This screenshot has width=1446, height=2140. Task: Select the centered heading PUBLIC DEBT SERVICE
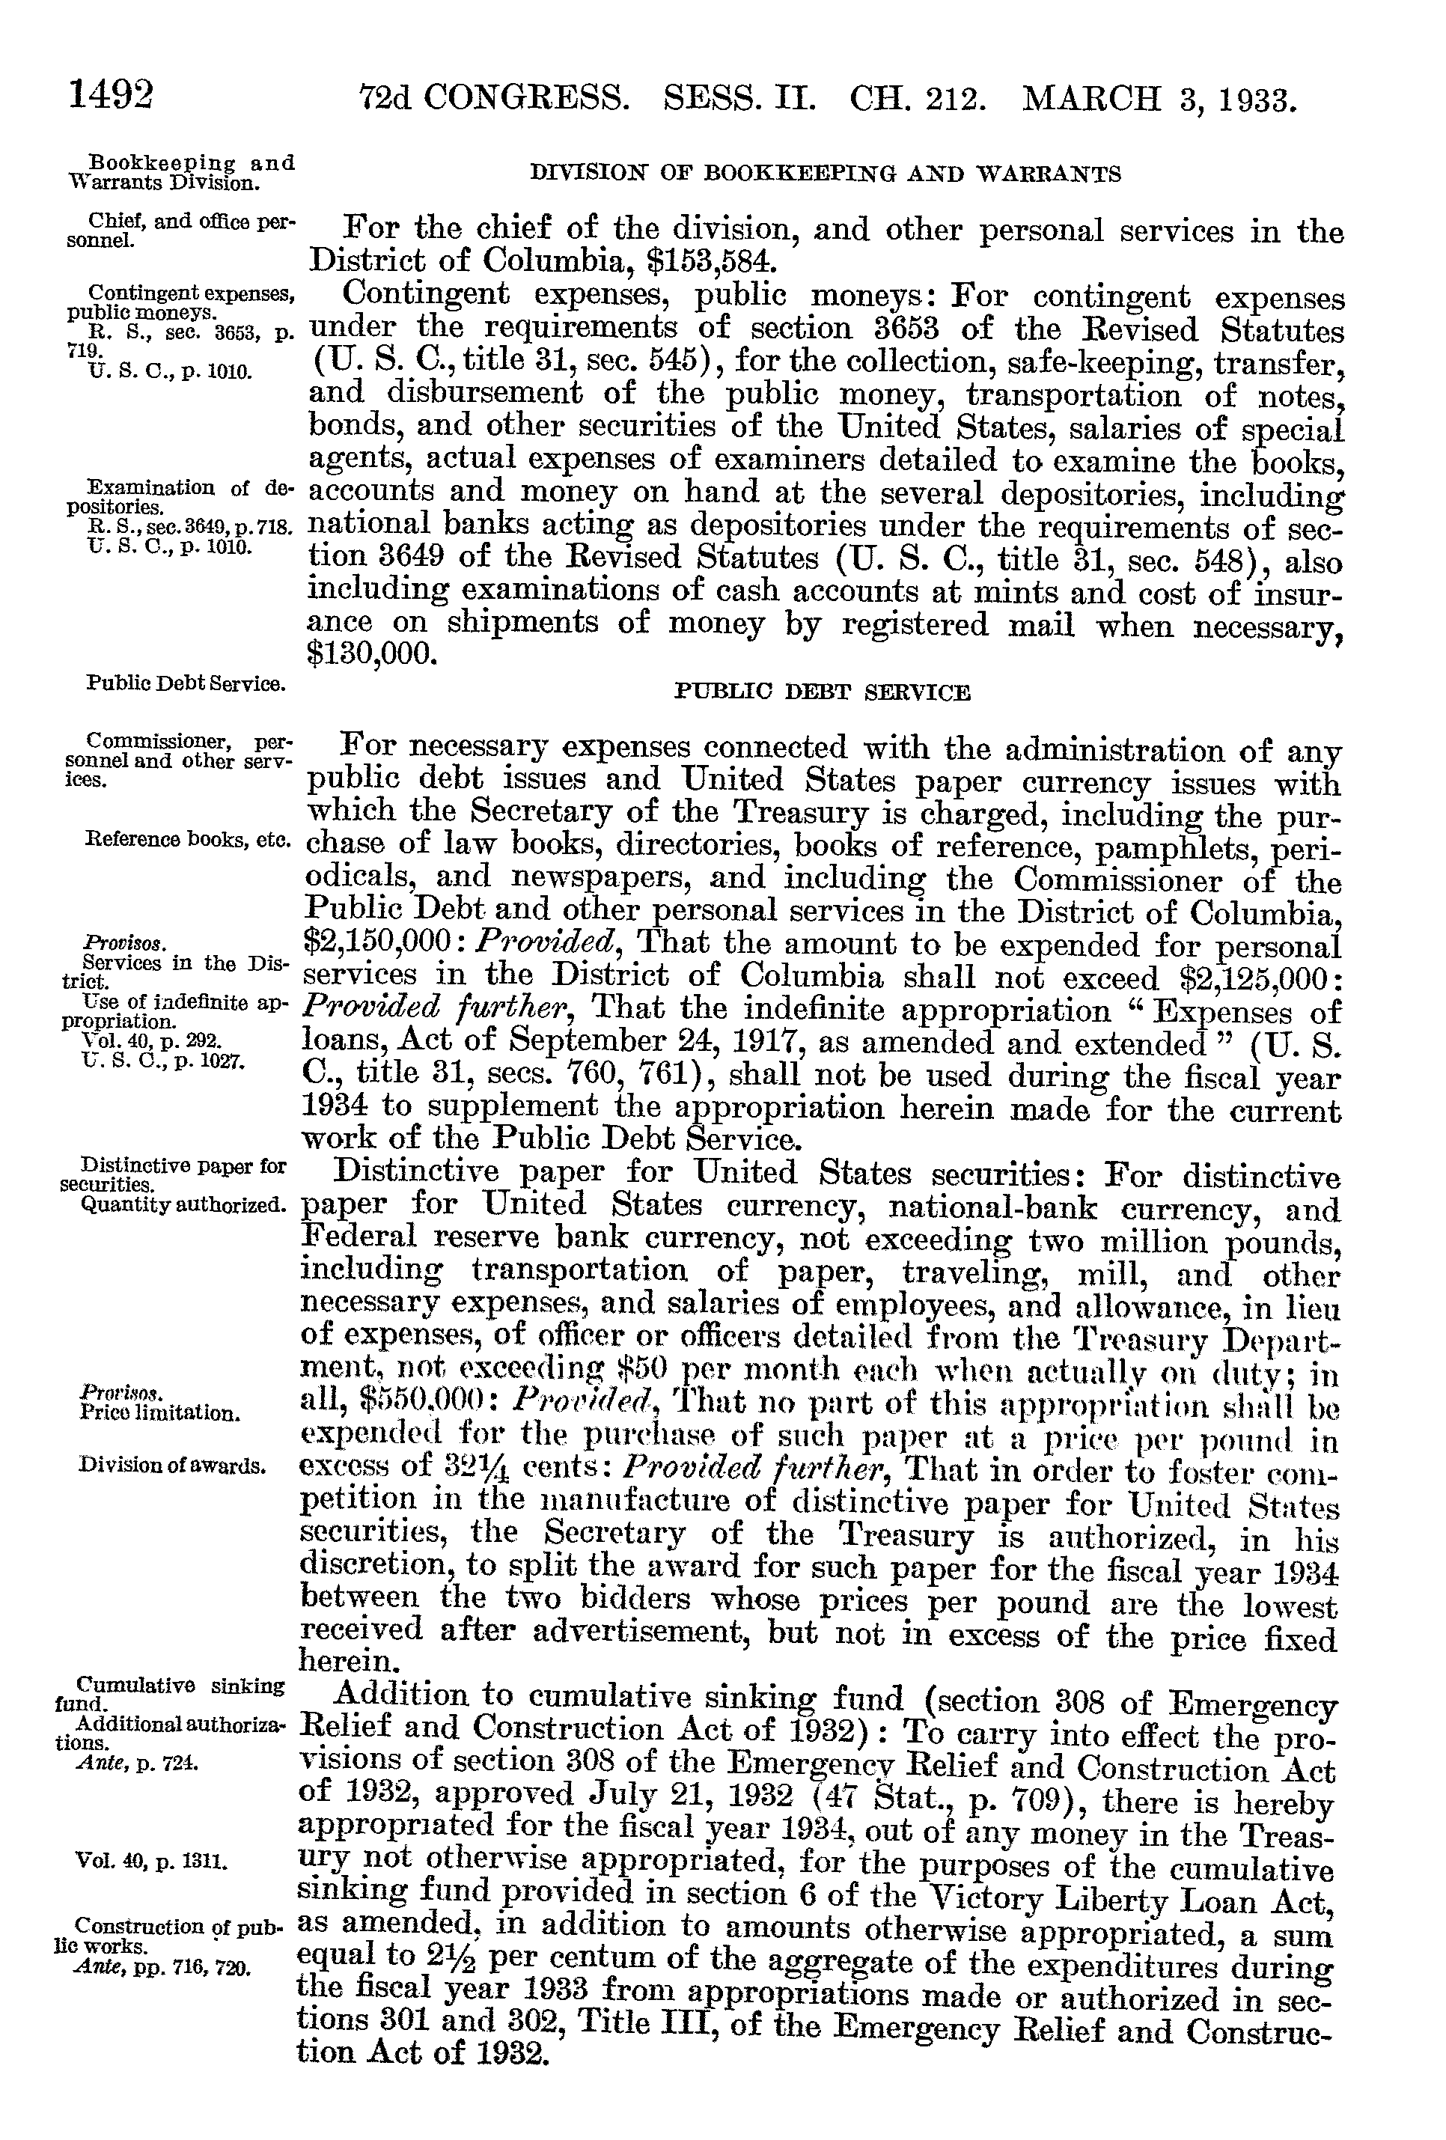823,692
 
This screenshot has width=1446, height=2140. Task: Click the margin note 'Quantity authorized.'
183,1207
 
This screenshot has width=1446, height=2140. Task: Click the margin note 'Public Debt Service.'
184,683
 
